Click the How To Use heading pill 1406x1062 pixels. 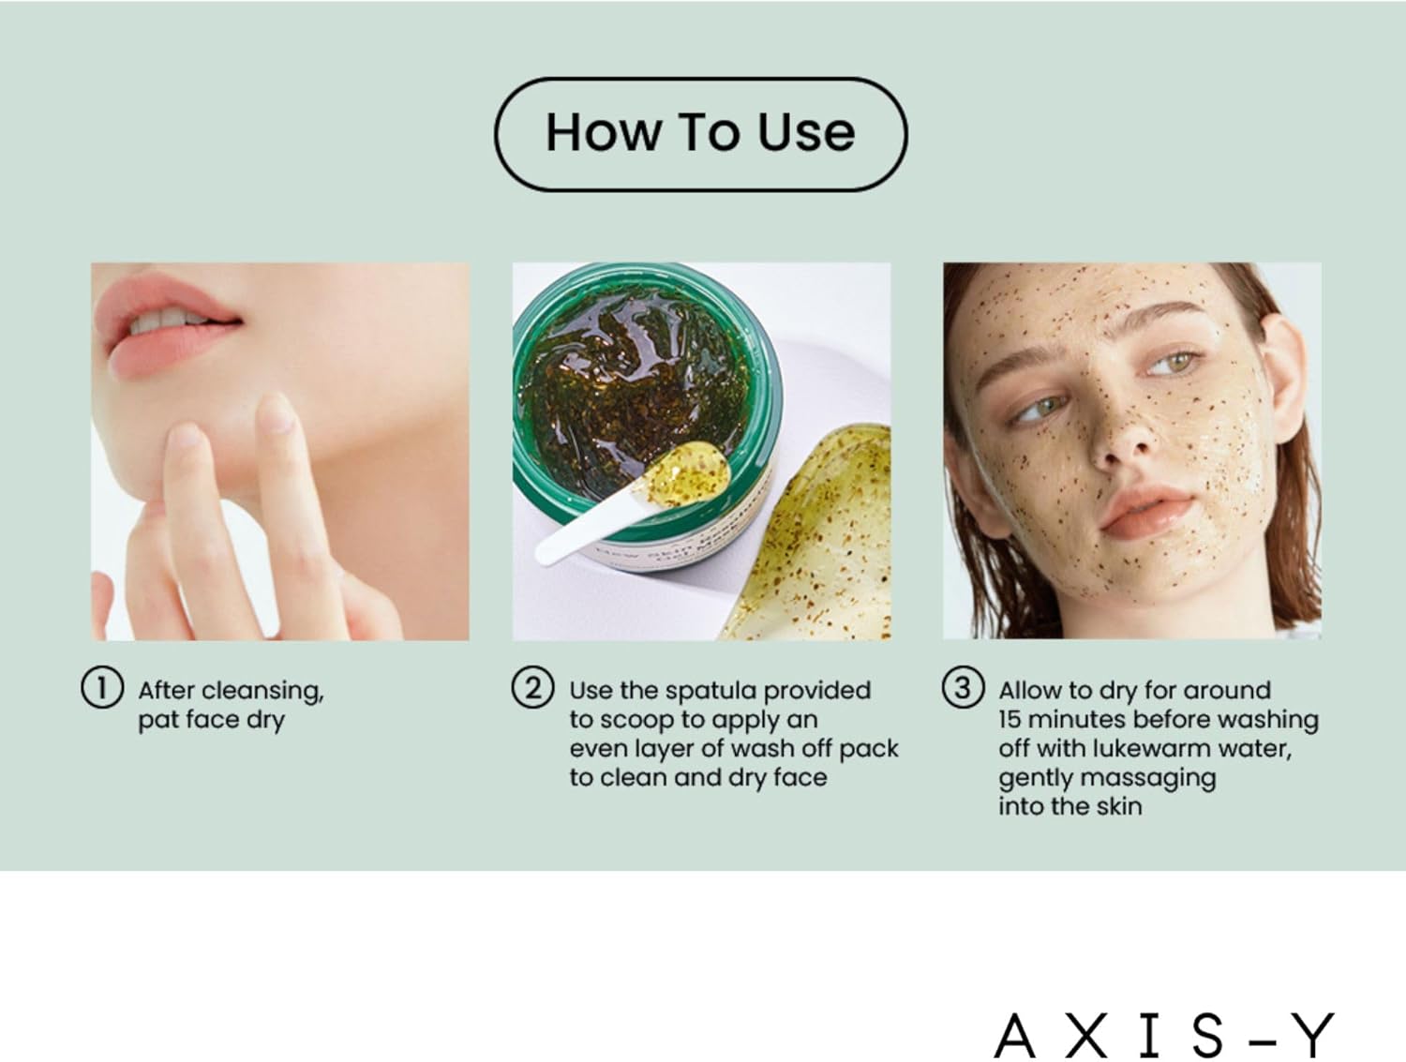[x=700, y=134]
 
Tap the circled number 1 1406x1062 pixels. [x=102, y=688]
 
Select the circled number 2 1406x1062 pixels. [x=532, y=688]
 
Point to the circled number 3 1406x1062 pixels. [x=963, y=688]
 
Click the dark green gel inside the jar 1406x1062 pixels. [x=635, y=391]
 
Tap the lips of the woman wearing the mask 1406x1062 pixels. [x=1146, y=513]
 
